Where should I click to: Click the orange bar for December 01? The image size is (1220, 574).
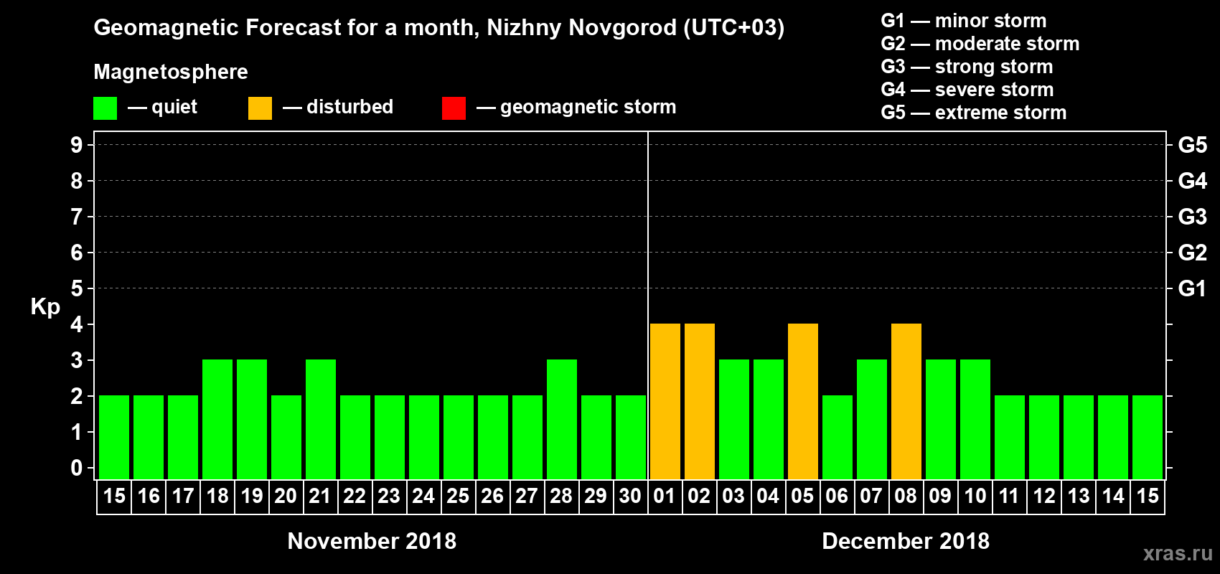[x=665, y=401]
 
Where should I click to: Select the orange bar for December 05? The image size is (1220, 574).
[x=802, y=401]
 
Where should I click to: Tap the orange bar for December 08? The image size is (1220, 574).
[x=906, y=401]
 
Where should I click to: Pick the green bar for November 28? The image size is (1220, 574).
[x=561, y=419]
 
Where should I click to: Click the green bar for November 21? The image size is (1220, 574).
[x=320, y=419]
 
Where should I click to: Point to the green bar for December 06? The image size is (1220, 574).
[x=837, y=437]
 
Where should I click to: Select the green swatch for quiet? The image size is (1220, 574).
[x=105, y=108]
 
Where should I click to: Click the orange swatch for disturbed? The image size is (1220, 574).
[x=260, y=108]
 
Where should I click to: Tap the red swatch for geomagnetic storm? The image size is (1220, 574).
[x=454, y=108]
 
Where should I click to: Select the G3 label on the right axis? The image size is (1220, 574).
[x=1192, y=217]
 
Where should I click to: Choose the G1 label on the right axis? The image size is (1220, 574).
[x=1192, y=288]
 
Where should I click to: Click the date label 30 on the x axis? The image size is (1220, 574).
[x=630, y=496]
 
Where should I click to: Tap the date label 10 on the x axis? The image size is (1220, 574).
[x=975, y=496]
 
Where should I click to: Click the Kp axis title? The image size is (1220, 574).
[x=45, y=306]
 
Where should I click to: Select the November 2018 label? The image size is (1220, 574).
[x=372, y=541]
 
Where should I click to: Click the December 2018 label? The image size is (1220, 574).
[x=906, y=541]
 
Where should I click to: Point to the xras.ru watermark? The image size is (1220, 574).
[x=1178, y=553]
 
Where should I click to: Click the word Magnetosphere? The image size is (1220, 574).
[x=171, y=72]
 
